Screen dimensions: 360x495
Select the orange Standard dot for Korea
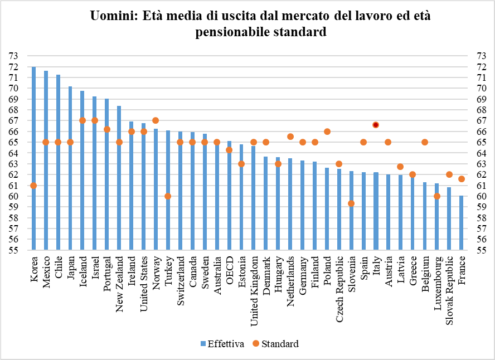click(34, 186)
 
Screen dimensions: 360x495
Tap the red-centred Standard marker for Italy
click(376, 125)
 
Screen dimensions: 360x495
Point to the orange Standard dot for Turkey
click(168, 196)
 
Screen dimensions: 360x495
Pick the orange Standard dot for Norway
click(156, 120)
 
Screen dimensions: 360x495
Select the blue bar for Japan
click(70, 167)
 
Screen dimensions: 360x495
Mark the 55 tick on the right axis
click(482, 250)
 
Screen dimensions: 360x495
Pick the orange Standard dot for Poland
click(327, 132)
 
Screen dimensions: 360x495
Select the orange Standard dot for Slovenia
click(351, 203)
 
